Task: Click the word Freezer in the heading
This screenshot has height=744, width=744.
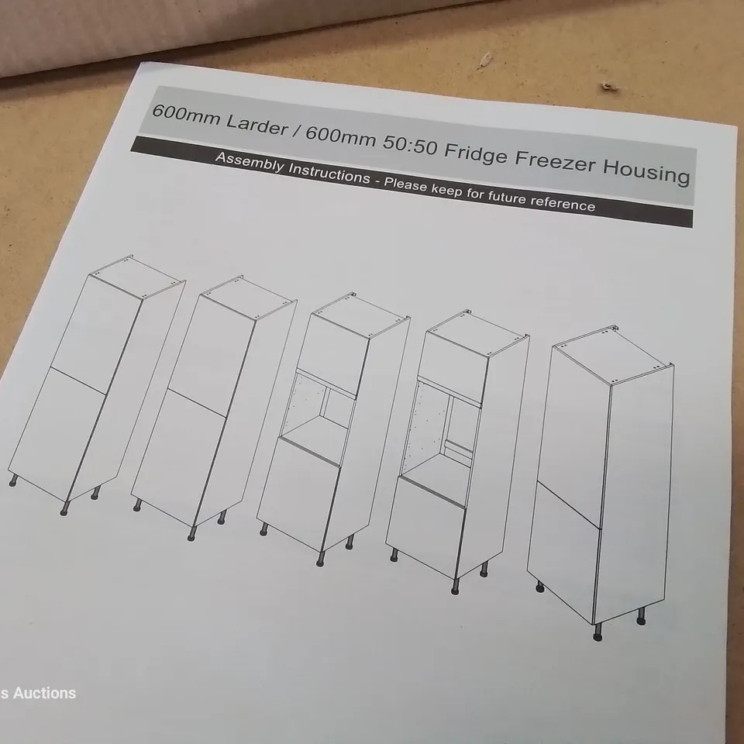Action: (561, 166)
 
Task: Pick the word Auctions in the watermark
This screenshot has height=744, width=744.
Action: (43, 692)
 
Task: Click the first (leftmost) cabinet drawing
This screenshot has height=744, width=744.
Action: (93, 387)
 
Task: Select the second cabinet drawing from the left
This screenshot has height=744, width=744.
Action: (209, 403)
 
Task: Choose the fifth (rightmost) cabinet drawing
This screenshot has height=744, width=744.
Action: (601, 480)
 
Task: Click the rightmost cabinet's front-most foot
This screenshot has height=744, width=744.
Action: (598, 635)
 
